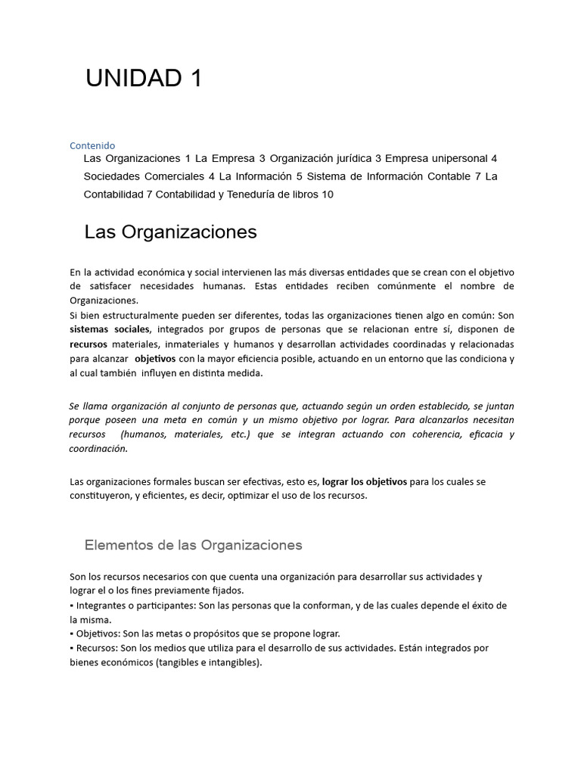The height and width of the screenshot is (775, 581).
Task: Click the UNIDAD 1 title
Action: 144,79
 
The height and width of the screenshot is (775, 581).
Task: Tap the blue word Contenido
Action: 92,145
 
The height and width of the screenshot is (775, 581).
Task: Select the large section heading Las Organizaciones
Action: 170,232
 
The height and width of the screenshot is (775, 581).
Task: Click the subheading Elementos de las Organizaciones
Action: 193,545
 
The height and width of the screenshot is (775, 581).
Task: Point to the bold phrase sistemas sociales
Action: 110,329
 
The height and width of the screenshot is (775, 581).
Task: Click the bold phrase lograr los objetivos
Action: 364,481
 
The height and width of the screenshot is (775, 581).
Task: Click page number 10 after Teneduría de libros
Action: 327,195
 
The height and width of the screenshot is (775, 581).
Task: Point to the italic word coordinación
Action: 98,448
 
